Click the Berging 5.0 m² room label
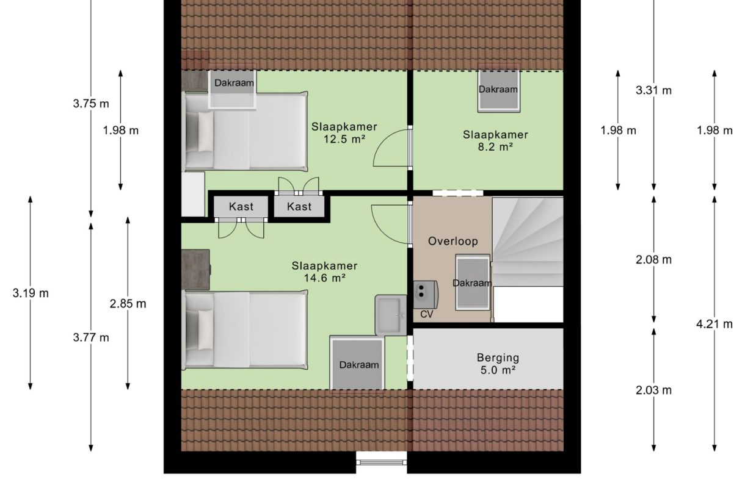pos(497,364)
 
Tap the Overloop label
pos(452,241)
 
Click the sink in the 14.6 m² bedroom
pos(390,315)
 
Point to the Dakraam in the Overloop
pos(473,283)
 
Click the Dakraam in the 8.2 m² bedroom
pos(498,90)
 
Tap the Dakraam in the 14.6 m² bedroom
pos(358,364)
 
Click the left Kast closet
pos(241,207)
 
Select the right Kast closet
pos(299,207)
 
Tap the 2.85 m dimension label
pos(128,303)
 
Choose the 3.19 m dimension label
pos(31,293)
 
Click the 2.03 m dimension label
pos(653,390)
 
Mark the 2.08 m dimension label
pos(653,260)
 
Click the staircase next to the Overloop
pos(528,242)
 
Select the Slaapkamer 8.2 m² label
pos(495,140)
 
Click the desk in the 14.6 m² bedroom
pos(195,269)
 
